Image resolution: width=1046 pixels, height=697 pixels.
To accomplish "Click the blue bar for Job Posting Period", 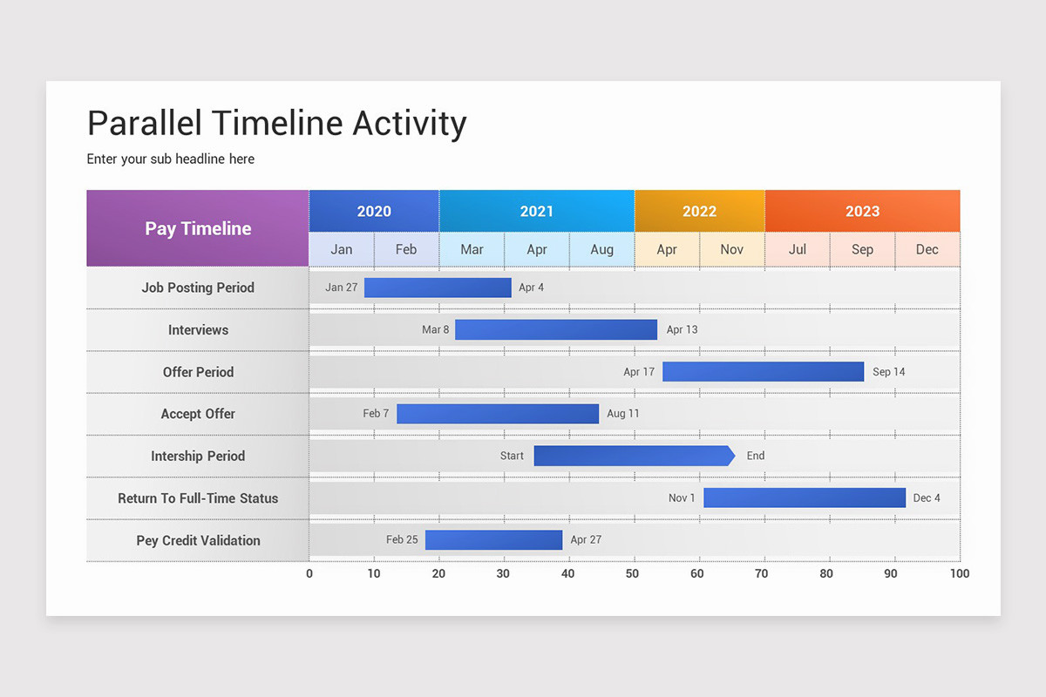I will point(438,288).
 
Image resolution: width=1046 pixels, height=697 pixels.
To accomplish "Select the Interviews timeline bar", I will point(555,329).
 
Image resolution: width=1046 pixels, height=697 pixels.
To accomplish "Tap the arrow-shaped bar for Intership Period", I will point(633,456).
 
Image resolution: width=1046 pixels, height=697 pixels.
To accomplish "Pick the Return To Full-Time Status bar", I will point(804,497).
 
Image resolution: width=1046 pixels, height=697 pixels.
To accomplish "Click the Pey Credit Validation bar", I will point(493,540).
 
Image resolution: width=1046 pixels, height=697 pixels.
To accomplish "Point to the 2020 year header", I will point(374,211).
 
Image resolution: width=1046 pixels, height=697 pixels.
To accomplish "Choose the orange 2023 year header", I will point(862,211).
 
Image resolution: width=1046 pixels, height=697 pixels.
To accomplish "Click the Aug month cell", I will point(601,249).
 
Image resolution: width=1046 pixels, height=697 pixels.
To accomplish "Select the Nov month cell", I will point(731,249).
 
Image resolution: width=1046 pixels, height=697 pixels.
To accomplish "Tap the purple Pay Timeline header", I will point(198,228).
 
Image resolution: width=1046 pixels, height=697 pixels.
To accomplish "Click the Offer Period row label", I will point(198,372).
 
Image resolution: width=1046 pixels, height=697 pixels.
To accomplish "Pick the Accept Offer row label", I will point(198,414).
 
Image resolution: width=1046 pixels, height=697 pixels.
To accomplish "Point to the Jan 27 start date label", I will point(341,288).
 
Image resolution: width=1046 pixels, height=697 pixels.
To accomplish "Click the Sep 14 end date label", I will point(888,372).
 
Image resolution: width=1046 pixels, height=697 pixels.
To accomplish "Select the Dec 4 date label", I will point(927,498).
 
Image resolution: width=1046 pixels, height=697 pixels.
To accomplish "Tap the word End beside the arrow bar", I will point(755,456).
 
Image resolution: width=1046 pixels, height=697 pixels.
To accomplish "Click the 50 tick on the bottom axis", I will point(633,573).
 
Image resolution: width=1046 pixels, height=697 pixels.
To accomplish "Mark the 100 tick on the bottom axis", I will point(959,573).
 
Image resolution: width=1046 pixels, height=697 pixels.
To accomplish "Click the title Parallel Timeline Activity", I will point(277,124).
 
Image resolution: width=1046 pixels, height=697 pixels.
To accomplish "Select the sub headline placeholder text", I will point(171,159).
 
